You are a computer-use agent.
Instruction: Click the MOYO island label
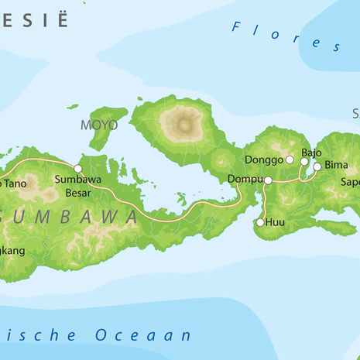point(99,125)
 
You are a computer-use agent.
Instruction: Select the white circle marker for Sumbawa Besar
point(77,168)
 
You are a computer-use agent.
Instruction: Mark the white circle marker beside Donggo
point(290,159)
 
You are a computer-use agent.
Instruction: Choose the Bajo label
point(311,153)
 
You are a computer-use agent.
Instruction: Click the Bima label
point(336,166)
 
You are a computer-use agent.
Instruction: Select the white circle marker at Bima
point(317,166)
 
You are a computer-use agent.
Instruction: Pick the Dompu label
point(244,180)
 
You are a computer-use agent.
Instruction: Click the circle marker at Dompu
point(268,180)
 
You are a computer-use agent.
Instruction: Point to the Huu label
point(276,223)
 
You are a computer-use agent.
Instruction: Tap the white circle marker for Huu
point(260,223)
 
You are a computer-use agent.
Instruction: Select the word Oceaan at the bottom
point(143,335)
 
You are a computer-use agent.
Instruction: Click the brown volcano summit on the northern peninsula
point(185,122)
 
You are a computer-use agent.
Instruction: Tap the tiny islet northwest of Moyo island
point(72,107)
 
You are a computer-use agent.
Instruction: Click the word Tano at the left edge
point(12,183)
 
